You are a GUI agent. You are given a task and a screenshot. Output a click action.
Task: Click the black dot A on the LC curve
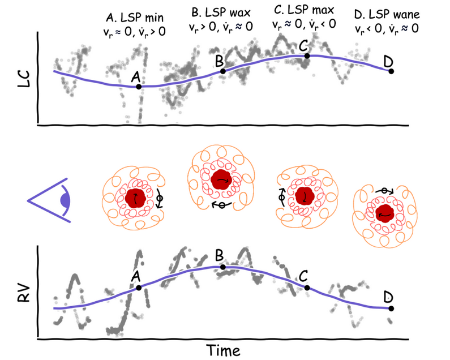(138, 86)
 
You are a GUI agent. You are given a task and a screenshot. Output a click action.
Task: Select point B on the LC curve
(222, 71)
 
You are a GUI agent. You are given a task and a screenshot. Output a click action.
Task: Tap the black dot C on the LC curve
(306, 55)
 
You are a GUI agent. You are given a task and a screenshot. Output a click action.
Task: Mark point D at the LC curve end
(391, 71)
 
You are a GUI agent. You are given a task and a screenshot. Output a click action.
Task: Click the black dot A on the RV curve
(139, 287)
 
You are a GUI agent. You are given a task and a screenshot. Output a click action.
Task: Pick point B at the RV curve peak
(222, 267)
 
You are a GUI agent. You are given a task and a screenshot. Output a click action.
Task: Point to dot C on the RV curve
(307, 288)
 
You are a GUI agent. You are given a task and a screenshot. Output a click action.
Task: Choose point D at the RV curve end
(391, 308)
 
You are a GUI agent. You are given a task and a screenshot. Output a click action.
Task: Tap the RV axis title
(22, 292)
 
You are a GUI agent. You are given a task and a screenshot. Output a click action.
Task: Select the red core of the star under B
(220, 180)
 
